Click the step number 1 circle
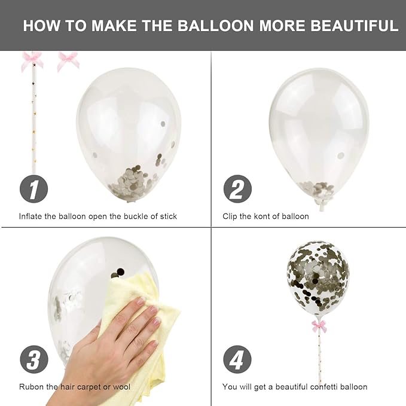(x=33, y=189)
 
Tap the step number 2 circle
(x=237, y=189)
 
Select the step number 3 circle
(x=34, y=359)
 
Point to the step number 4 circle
(x=237, y=359)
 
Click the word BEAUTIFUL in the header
(x=354, y=26)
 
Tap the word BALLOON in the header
(x=215, y=26)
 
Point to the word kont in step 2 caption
(x=263, y=216)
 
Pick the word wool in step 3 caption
(x=121, y=387)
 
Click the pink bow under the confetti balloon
(x=319, y=326)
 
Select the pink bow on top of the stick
(x=32, y=61)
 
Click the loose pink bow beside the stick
(x=68, y=61)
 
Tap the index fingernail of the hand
(x=141, y=301)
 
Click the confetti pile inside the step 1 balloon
(x=133, y=182)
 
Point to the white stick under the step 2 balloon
(x=322, y=206)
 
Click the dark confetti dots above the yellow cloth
(x=118, y=273)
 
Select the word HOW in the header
(x=42, y=26)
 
